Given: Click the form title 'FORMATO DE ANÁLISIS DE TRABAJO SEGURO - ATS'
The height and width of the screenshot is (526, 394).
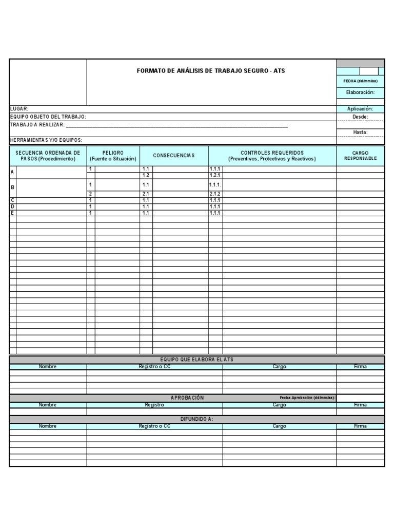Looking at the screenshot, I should click(210, 70).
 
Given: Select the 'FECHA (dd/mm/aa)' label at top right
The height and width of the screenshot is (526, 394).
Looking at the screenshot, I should click(360, 81).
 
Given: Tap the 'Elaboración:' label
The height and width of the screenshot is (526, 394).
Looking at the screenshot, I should click(360, 92).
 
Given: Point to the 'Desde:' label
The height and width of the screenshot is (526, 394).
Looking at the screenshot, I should click(360, 117).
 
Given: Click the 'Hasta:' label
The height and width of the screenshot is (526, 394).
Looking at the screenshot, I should click(360, 132).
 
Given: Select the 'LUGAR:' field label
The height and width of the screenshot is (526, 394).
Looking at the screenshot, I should click(19, 109).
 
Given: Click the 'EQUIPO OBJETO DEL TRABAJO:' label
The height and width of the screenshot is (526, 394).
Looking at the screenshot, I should click(48, 117).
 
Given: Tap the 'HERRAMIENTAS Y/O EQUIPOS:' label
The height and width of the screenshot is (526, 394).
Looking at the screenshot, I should click(46, 140).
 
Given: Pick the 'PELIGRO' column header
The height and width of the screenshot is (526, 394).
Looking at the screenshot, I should click(113, 153).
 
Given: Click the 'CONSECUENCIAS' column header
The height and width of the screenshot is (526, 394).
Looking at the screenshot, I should click(174, 156).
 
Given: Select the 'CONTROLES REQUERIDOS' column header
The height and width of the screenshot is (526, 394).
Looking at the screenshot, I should click(272, 153).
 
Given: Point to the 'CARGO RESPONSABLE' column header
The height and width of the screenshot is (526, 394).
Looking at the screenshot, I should click(360, 156).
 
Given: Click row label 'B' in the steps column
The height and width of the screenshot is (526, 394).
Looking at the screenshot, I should click(13, 187).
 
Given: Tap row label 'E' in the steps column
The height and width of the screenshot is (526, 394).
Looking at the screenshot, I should click(12, 213).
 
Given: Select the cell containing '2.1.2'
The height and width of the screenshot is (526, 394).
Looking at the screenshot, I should click(215, 194).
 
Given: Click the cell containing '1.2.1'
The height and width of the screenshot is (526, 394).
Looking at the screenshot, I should click(215, 175).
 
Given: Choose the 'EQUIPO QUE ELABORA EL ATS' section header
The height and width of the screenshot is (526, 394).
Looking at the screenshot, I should click(196, 360).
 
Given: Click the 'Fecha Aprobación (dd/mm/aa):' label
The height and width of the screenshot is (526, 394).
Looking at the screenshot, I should click(307, 398).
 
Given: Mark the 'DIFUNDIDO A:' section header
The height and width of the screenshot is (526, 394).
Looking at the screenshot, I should click(196, 419).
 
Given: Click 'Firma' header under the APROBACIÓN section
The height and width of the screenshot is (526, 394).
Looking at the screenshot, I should click(360, 405).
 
